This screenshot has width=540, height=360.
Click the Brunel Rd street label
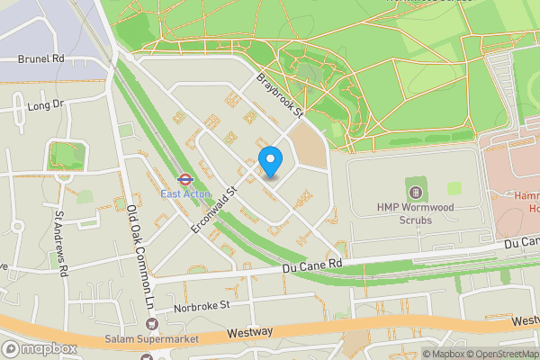pyautogui.click(x=40, y=58)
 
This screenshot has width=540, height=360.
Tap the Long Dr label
pyautogui.click(x=47, y=105)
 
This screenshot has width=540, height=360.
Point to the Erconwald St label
pyautogui.click(x=213, y=211)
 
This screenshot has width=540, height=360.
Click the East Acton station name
pyautogui.click(x=185, y=193)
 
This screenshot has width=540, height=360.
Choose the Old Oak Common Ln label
pyautogui.click(x=139, y=256)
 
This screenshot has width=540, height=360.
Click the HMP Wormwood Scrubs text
pyautogui.click(x=416, y=213)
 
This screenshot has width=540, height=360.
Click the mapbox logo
pyautogui.click(x=40, y=348)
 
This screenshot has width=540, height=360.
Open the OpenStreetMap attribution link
pyautogui.click(x=496, y=354)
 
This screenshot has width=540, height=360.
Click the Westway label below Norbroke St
pyautogui.click(x=249, y=332)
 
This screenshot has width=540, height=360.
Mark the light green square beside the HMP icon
pyautogui.click(x=454, y=188)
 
